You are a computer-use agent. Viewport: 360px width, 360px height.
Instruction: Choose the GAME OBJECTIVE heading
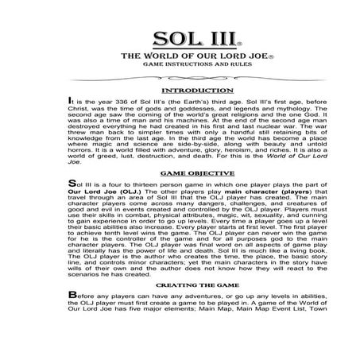coord(180,194)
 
